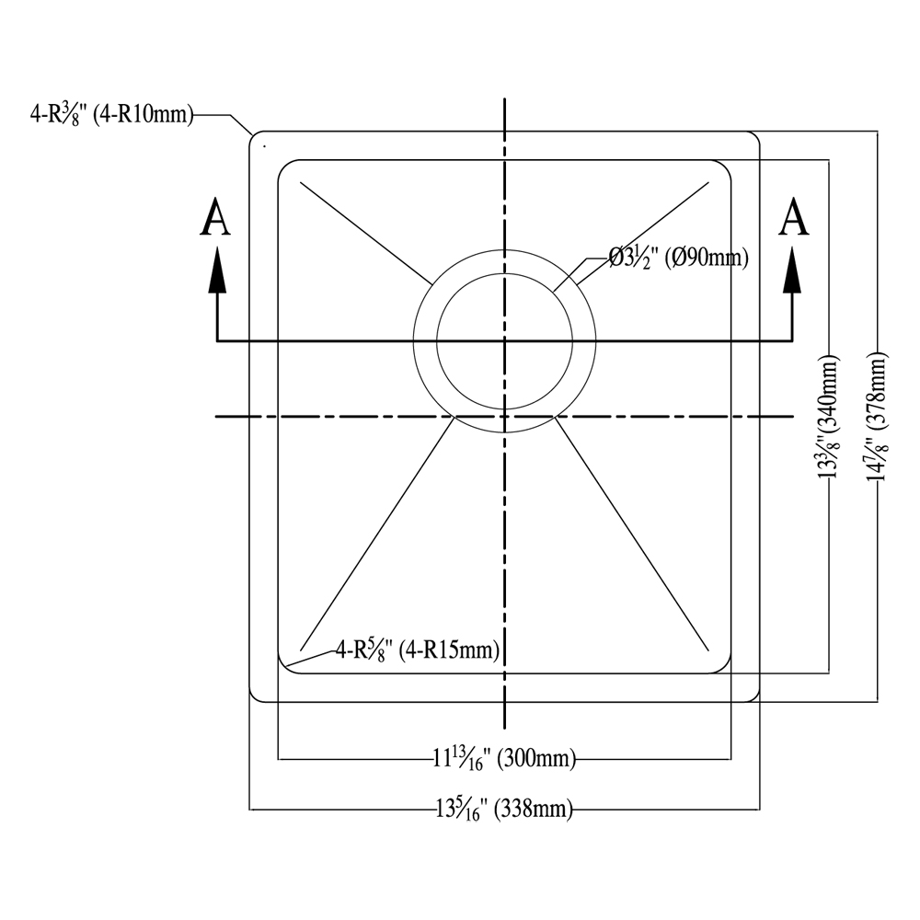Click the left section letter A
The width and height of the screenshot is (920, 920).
215,217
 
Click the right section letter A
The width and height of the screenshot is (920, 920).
793,217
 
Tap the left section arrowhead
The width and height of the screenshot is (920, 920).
218,270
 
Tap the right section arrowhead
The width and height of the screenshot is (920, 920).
793,270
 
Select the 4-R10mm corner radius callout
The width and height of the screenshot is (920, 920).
111,114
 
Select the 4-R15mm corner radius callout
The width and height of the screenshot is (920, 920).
417,650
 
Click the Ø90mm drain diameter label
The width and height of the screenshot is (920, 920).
679,258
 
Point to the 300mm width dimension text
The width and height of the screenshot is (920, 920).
504,759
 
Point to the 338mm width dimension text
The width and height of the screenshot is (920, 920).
504,810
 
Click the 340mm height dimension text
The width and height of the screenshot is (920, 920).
829,416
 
